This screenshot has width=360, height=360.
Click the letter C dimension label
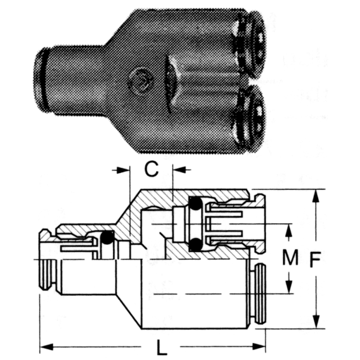click(x=151, y=170)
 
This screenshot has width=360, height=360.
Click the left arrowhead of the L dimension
click(x=45, y=345)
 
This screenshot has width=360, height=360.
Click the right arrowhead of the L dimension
click(x=261, y=345)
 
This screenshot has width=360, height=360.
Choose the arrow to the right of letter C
click(x=181, y=170)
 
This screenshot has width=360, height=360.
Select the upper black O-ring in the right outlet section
click(x=195, y=205)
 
